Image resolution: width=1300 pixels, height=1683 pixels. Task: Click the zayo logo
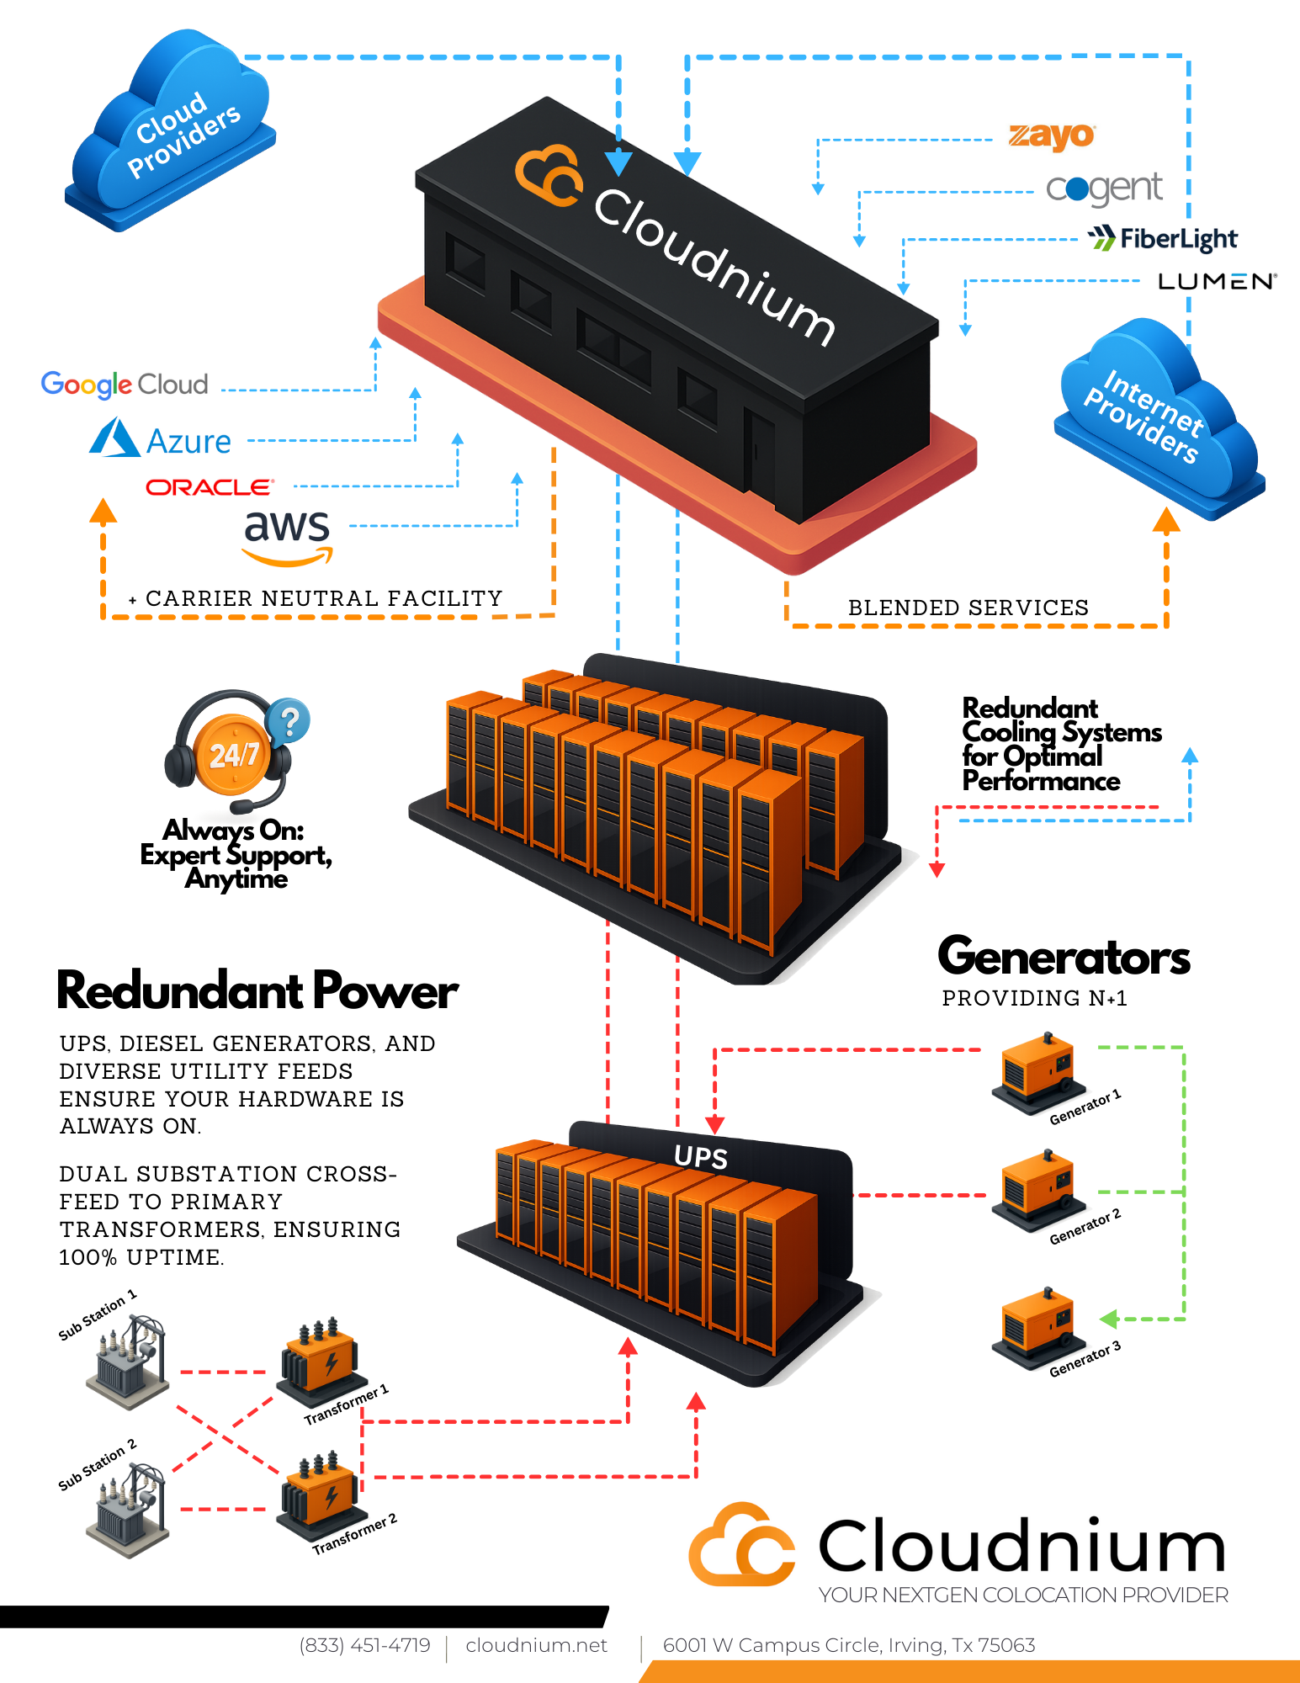1052,135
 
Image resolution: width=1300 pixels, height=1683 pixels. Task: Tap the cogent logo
1104,189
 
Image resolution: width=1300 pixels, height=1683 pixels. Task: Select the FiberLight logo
1163,239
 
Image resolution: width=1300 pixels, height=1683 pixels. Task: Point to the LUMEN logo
1217,281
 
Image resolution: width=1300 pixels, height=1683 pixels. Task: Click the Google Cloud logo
125,385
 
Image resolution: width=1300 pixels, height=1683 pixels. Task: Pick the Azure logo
161,440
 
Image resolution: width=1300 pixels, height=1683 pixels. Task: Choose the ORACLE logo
210,487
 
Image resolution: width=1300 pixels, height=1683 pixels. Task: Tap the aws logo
287,536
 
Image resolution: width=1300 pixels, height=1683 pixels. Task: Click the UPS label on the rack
700,1157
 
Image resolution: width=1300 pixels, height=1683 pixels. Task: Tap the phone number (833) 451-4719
364,1645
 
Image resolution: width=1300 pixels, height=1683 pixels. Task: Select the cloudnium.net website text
536,1645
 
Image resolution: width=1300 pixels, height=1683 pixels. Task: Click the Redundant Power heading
257,990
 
